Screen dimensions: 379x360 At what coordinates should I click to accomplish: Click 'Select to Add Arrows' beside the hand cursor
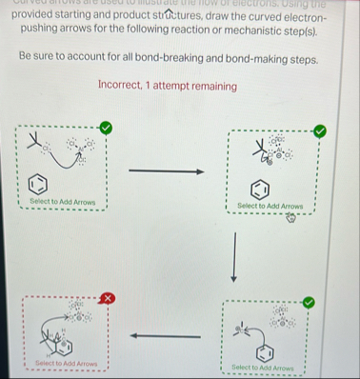pos(270,205)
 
